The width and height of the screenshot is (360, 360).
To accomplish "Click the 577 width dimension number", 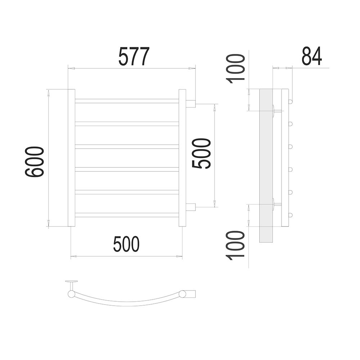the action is click(134, 56).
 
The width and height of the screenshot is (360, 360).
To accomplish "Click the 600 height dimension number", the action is click(34, 162).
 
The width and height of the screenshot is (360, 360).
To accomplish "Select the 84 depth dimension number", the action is click(312, 56).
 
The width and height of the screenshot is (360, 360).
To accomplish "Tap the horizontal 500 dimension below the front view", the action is click(126, 244).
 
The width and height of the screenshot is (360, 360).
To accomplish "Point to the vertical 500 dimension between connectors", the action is click(201, 153).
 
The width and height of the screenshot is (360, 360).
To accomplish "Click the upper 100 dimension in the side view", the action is click(235, 69).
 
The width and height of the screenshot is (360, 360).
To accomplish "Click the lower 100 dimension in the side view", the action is click(235, 246).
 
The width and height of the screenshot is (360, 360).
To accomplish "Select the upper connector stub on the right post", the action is click(190, 104).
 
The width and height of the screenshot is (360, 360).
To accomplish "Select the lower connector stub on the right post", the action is click(190, 207).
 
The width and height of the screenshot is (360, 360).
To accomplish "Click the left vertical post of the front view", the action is click(71, 158).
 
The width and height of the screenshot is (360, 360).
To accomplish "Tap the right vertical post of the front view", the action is click(182, 158).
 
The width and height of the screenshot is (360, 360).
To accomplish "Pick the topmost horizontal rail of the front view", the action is click(127, 101).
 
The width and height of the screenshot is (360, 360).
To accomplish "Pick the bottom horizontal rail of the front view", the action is click(127, 215).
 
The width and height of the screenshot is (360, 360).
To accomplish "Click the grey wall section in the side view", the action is click(266, 166).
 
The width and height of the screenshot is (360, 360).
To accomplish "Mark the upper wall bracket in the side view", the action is click(277, 111).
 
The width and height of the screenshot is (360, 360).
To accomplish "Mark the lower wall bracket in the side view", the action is click(277, 204).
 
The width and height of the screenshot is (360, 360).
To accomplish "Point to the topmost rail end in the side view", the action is click(291, 101).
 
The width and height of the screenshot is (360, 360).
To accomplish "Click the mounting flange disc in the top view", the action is click(71, 281).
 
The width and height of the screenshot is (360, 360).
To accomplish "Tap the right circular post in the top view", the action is click(183, 294).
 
